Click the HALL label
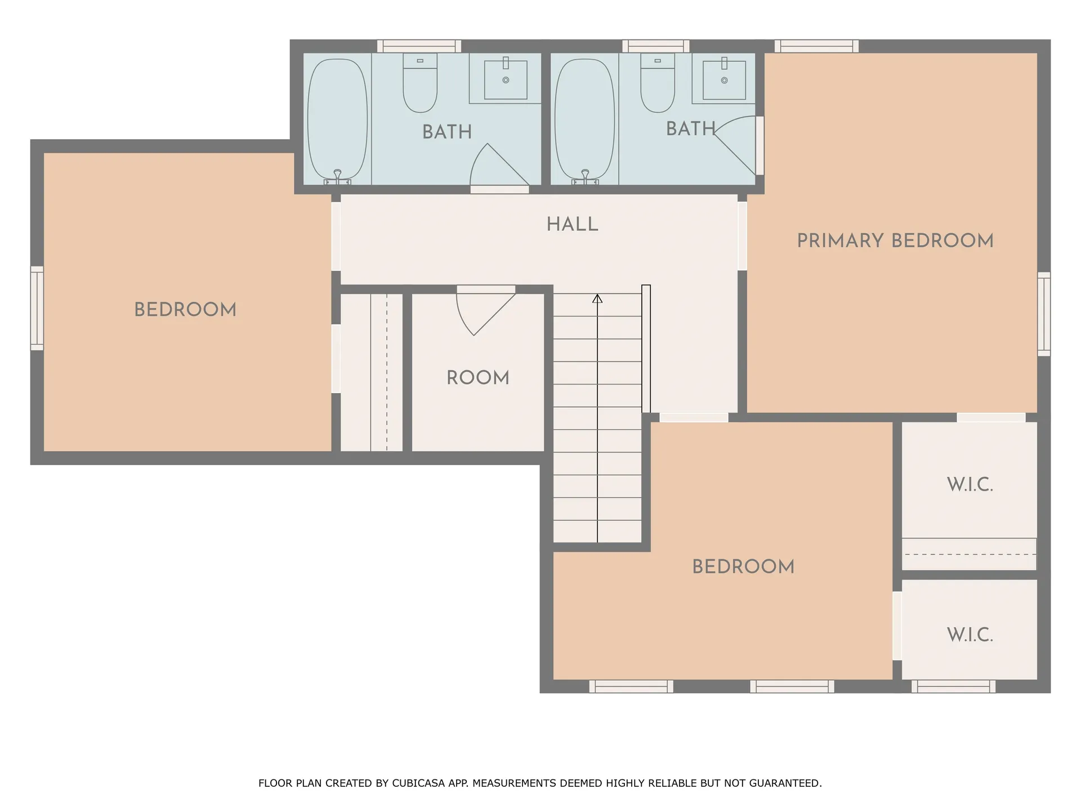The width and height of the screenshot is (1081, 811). coord(572,224)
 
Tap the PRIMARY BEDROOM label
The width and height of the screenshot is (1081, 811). coord(895,240)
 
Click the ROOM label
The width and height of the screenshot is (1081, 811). coord(477,377)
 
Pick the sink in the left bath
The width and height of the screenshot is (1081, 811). coord(506,79)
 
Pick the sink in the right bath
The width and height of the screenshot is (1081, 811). coord(724,79)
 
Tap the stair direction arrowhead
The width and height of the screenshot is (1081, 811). coord(597,298)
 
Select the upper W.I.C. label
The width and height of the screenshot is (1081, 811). coord(970,484)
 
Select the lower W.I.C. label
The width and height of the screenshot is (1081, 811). coord(970,635)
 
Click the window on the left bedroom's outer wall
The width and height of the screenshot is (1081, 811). coord(37,308)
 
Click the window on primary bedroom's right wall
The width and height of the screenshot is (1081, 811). coord(1044,314)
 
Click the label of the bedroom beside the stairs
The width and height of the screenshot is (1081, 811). coord(743,567)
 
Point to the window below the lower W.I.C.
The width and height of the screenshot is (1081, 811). coord(953,686)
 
